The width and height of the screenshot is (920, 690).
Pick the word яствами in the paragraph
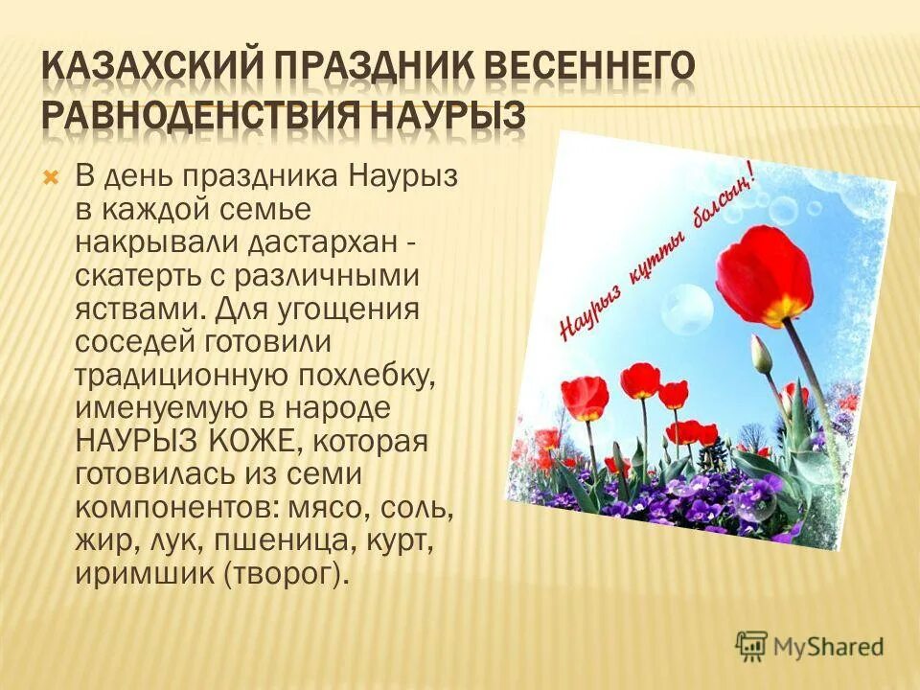(136, 310)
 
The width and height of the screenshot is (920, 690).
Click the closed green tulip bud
(762, 355)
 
